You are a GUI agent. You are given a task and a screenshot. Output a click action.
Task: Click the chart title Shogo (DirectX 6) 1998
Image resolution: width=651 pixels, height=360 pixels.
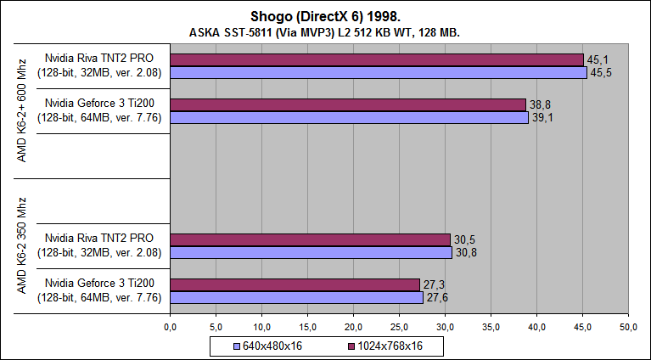325,16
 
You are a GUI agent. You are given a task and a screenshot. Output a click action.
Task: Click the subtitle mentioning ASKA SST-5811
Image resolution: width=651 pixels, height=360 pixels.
325,32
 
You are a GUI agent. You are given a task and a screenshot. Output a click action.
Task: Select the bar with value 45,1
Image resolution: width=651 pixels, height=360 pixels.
377,59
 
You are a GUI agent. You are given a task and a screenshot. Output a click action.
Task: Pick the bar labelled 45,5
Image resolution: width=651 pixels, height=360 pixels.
379,73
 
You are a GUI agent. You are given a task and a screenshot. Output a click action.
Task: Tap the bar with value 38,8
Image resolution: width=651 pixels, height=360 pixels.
348,104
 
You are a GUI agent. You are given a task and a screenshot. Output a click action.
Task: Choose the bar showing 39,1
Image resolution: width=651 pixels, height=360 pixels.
349,117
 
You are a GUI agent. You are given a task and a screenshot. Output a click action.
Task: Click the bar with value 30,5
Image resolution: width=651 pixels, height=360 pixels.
310,239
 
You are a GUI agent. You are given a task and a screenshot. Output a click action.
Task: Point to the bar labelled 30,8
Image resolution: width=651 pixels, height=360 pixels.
311,252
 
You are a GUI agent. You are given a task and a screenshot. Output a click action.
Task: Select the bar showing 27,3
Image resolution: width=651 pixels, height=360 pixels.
295,284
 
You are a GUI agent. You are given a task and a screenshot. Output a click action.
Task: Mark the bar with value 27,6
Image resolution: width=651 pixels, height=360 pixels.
296,297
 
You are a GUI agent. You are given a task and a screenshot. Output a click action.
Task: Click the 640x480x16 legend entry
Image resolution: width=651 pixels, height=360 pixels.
267,347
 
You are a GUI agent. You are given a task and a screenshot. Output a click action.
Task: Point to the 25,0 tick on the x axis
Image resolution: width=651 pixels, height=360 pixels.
399,327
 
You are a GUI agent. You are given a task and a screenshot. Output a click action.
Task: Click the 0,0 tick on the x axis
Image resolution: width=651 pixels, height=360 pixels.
170,327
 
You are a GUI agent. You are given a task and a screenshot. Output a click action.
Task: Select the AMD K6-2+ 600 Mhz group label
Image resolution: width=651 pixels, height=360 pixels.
22,105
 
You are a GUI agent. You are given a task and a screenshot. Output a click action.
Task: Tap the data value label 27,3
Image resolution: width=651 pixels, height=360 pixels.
433,284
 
